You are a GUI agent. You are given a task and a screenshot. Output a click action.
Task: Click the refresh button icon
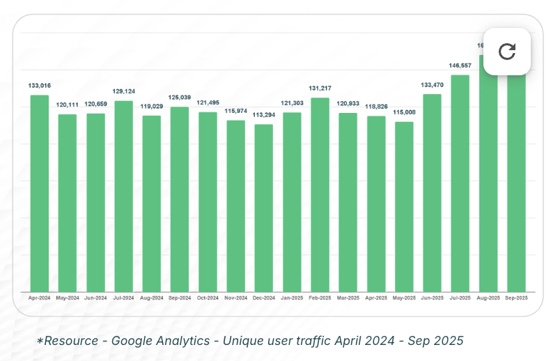[507, 51]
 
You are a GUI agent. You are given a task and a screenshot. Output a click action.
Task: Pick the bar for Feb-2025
[320, 194]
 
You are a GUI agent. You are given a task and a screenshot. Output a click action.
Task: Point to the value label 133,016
[39, 86]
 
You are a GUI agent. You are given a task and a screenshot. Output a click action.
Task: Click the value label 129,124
[123, 91]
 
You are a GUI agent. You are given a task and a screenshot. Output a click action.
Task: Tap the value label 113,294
[264, 115]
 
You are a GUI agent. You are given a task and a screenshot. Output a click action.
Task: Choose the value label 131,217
[320, 89]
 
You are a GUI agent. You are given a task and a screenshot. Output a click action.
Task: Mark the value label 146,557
[460, 66]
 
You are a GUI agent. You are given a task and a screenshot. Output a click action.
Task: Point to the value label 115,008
[404, 112]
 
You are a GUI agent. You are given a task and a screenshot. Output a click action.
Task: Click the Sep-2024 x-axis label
[180, 298]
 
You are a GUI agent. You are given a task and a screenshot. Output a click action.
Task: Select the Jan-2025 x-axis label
[292, 298]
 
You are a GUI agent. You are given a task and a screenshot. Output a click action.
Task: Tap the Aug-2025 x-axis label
[488, 298]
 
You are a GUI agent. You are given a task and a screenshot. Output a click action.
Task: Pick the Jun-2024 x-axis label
[95, 298]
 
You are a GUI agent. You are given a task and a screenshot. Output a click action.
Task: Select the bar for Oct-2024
[208, 202]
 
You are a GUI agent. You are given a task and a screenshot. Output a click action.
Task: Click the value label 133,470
[432, 85]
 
